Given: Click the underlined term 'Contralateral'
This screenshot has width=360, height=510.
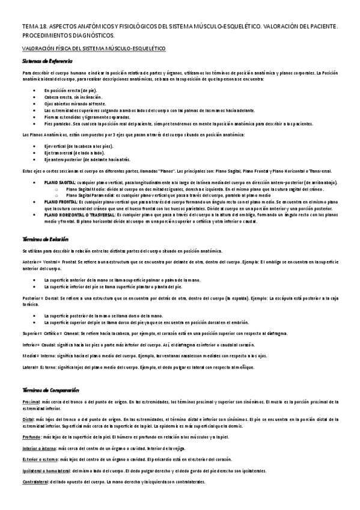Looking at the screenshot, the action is (36, 481).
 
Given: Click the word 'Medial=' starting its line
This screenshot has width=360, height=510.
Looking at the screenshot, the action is (30, 356).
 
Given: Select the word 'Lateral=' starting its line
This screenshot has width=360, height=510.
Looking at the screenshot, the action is (31, 367).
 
